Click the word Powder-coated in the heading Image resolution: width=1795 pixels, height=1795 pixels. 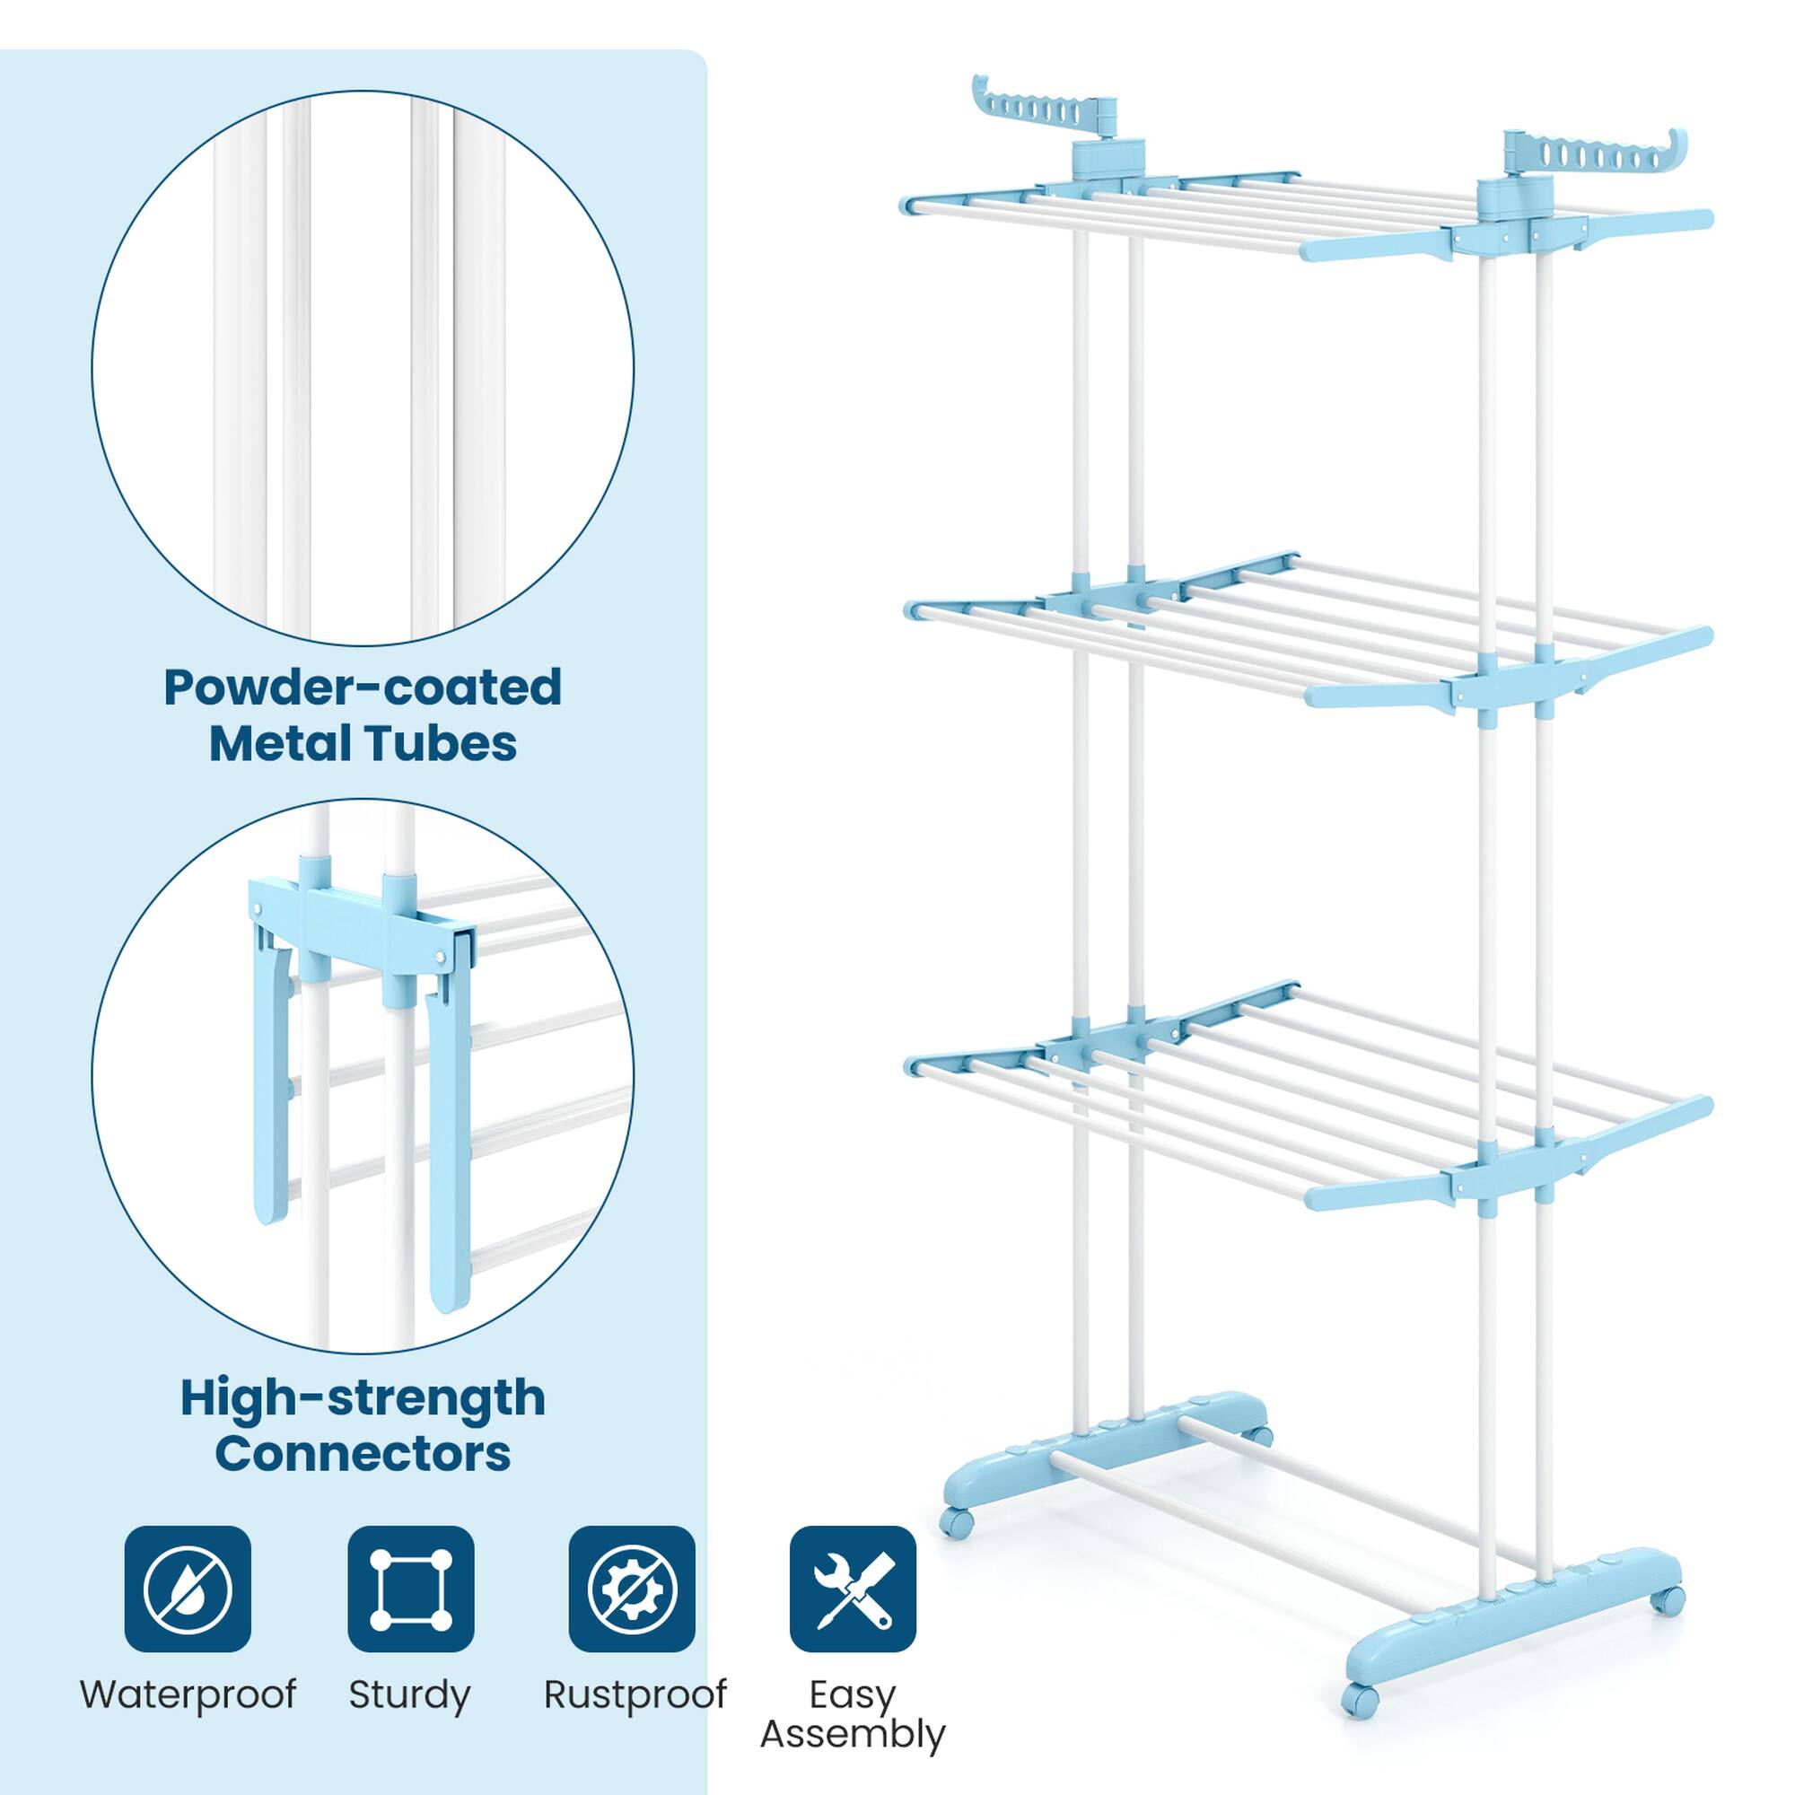coord(363,688)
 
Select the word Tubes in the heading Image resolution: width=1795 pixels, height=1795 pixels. coord(459,744)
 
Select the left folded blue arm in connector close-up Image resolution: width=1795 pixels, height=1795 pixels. coord(270,1086)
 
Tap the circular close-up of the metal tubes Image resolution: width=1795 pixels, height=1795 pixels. coord(363,367)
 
